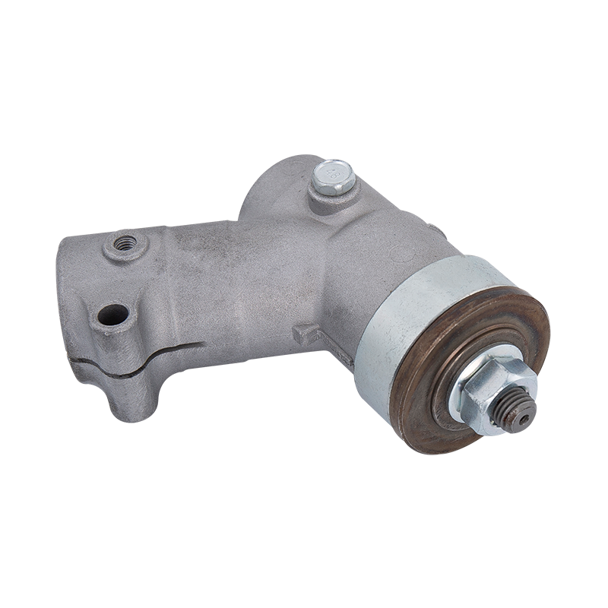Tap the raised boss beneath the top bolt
pos(332,199)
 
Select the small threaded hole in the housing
pos(125,244)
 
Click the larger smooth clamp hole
pos(113,313)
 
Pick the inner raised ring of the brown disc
pos(448,357)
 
